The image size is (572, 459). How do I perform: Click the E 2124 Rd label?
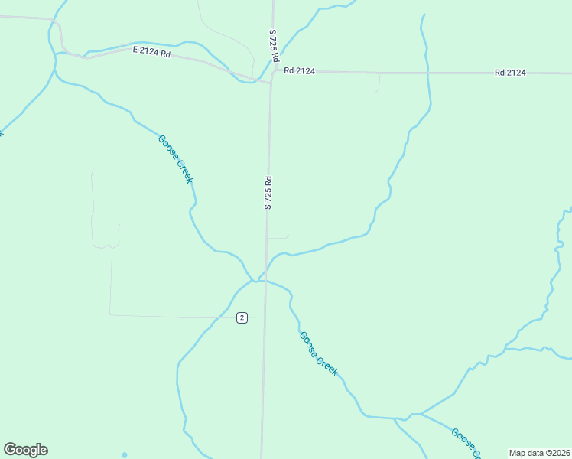coord(151,51)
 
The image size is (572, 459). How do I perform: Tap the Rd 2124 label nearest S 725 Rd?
coord(299,71)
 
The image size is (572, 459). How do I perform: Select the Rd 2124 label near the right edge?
coord(510,73)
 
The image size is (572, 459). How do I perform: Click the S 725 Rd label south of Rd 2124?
coord(268,193)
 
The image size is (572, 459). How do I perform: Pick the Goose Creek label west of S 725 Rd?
coord(175,159)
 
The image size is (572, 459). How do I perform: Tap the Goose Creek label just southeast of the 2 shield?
coord(318,353)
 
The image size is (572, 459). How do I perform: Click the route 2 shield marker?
coord(242,317)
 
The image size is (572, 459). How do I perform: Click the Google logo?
coord(25,449)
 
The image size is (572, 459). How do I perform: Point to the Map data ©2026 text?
coord(539,453)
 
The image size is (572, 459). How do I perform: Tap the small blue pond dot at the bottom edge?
coord(124,455)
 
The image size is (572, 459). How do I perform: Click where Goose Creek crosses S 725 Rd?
coord(265,280)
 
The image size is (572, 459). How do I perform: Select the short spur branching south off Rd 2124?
coord(378,84)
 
